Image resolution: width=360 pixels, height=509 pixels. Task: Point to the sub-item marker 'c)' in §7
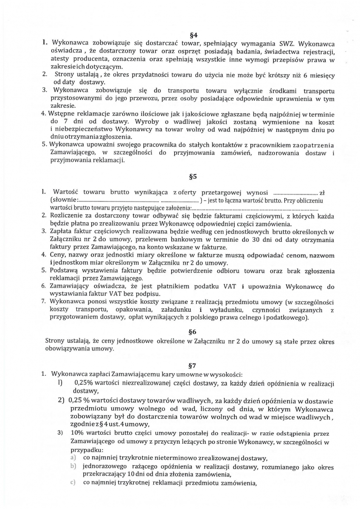[x=73, y=483]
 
